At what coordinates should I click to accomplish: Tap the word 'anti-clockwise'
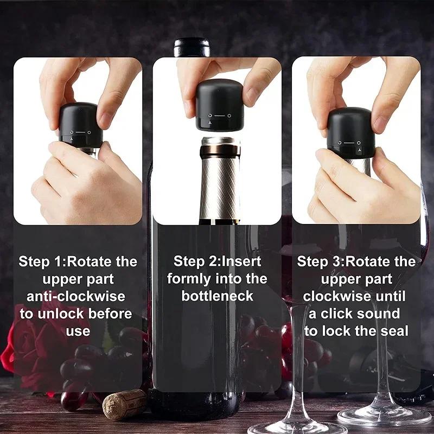tap(76, 296)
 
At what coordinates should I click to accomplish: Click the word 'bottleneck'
tap(217, 296)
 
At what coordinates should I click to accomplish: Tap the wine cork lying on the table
tap(124, 404)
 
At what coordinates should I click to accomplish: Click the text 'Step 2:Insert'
tap(217, 261)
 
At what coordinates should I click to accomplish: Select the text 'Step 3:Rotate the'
tap(356, 261)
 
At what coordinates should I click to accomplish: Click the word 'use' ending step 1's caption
tap(78, 331)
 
